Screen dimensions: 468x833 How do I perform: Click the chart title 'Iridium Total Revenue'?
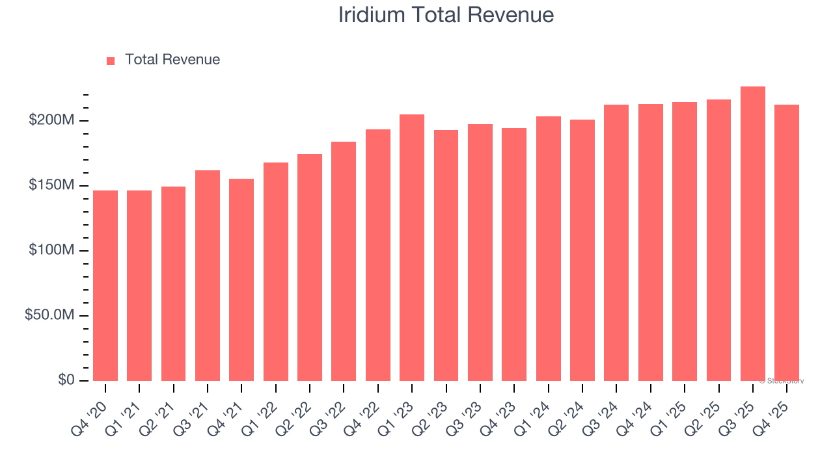(446, 15)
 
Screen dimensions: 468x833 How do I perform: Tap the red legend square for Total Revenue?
(111, 60)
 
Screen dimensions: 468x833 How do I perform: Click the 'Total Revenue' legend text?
(172, 60)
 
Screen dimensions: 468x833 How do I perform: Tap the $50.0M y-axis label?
(49, 315)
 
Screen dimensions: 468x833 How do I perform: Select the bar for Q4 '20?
(105, 286)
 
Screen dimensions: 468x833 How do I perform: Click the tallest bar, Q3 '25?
(753, 234)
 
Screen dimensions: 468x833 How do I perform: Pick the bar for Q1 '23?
(412, 248)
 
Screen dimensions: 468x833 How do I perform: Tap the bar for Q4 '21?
(241, 280)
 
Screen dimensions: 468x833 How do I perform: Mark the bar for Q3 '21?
(208, 276)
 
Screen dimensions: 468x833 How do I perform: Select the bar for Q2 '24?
(582, 250)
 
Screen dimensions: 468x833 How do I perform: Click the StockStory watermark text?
(782, 381)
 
